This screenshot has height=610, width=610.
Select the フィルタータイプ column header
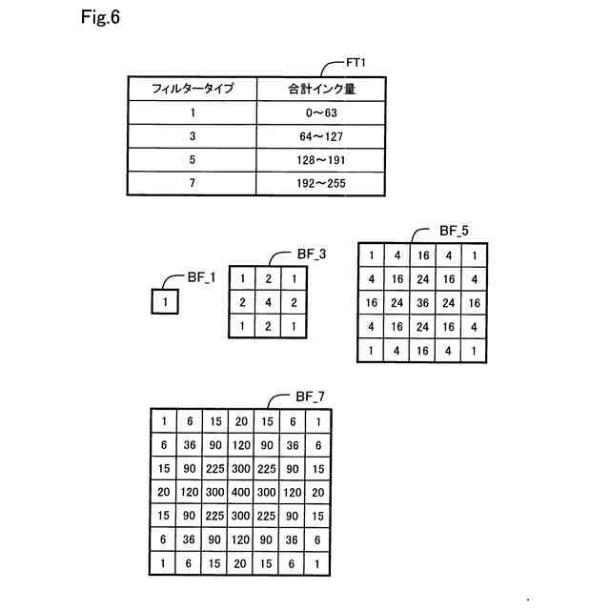point(192,90)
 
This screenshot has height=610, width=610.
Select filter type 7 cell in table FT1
point(192,183)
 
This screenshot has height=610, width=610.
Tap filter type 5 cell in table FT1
point(192,159)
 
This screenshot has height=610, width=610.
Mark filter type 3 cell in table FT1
point(192,136)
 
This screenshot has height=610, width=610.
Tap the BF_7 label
point(312,396)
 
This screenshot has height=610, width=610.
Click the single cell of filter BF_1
point(165,303)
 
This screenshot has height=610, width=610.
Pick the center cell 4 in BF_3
point(270,302)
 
